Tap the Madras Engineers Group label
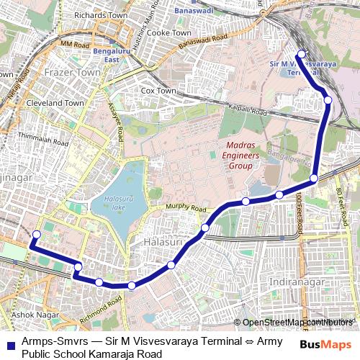[x=238, y=156]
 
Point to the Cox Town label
[x=158, y=91]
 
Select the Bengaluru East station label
[x=120, y=54]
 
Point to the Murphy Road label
[x=186, y=208]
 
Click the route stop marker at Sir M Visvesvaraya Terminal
[x=302, y=53]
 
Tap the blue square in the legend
[x=9, y=345]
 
